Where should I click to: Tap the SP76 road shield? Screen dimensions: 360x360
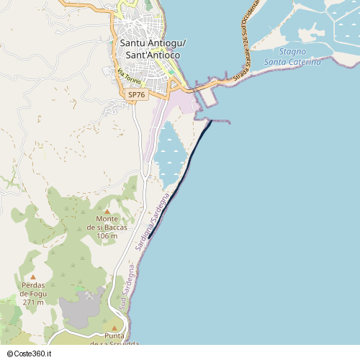[x=135, y=95]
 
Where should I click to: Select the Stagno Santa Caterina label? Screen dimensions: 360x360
[x=292, y=57]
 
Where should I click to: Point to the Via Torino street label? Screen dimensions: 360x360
[x=128, y=76]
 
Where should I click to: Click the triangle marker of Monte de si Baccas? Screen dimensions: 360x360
[x=107, y=211]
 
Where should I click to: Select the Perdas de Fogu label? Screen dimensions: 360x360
[x=34, y=289]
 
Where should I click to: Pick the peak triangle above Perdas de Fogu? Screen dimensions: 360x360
[x=32, y=276]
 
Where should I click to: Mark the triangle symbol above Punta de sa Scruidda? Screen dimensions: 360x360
[x=114, y=328]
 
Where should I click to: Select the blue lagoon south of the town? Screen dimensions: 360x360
[x=168, y=155]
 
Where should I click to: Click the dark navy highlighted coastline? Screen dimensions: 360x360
[x=189, y=158]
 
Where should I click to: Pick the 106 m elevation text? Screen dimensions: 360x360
[x=107, y=236]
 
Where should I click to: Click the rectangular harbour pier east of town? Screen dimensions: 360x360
[x=207, y=97]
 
